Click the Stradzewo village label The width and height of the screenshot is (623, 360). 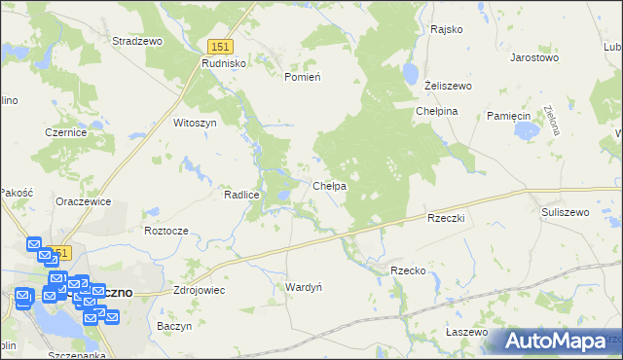coord(136,41)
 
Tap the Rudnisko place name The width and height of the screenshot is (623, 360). coord(224,62)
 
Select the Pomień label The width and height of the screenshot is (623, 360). coord(302,76)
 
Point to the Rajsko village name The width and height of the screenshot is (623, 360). coord(445,29)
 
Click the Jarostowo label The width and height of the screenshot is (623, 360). coord(534,57)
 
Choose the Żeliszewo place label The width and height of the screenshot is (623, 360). coord(448,86)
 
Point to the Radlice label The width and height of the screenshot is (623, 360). coord(240,195)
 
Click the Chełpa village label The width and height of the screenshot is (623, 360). coord(329,186)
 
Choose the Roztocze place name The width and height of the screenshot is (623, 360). coord(165,231)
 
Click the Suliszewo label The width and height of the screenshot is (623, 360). coord(566,211)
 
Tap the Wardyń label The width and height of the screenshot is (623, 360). coord(303,287)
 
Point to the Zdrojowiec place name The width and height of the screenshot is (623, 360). coord(199,290)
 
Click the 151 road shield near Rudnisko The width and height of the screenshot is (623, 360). coord(220,46)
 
